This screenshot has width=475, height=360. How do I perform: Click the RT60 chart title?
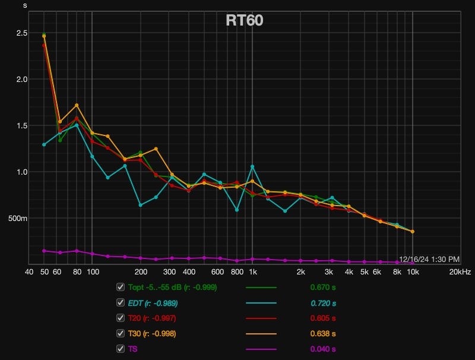coord(245,20)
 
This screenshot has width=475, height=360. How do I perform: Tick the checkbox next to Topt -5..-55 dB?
coord(121,287)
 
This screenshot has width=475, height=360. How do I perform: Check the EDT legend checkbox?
coord(121,302)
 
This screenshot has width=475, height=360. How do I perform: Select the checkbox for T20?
coord(121,318)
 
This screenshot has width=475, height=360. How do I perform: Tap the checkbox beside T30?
coord(121,333)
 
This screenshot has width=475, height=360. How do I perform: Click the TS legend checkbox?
coord(121,349)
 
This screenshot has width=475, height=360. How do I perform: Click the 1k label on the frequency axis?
coord(252,272)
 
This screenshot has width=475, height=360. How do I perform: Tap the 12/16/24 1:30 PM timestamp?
coord(429,259)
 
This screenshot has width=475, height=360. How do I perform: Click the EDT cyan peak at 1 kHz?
coord(252,166)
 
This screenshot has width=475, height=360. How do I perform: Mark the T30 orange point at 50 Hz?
coord(44,36)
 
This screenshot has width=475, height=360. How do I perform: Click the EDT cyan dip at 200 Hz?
coord(141,205)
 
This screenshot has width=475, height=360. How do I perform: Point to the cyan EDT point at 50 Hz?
coord(44,144)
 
